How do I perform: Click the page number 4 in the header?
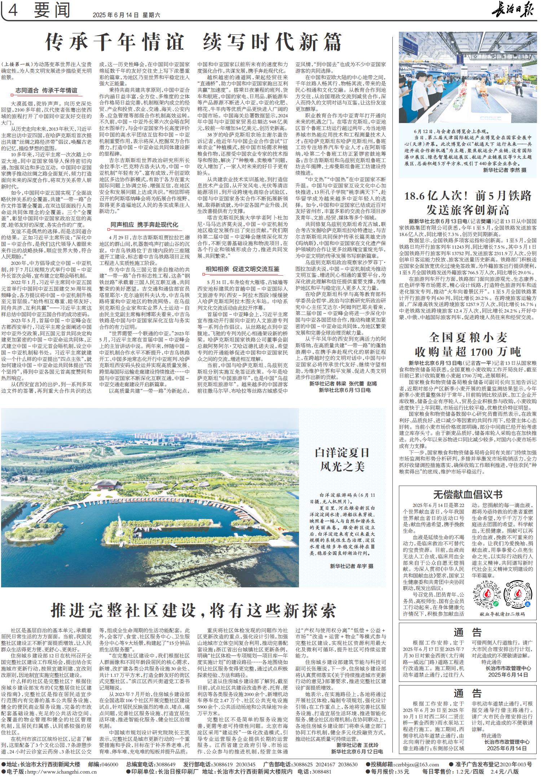point(13,11)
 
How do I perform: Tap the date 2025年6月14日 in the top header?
point(115,15)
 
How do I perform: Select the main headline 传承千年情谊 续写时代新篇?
point(193,43)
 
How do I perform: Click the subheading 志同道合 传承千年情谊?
point(46,90)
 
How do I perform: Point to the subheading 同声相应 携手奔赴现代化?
point(144,225)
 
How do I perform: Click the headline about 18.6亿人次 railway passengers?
point(468,202)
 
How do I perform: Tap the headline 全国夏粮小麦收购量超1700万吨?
point(468,344)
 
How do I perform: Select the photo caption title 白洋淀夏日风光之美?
point(342,460)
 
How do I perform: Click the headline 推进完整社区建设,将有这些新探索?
point(194,610)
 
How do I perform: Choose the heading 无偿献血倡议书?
point(468,494)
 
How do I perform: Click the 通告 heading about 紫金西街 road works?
point(468,632)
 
